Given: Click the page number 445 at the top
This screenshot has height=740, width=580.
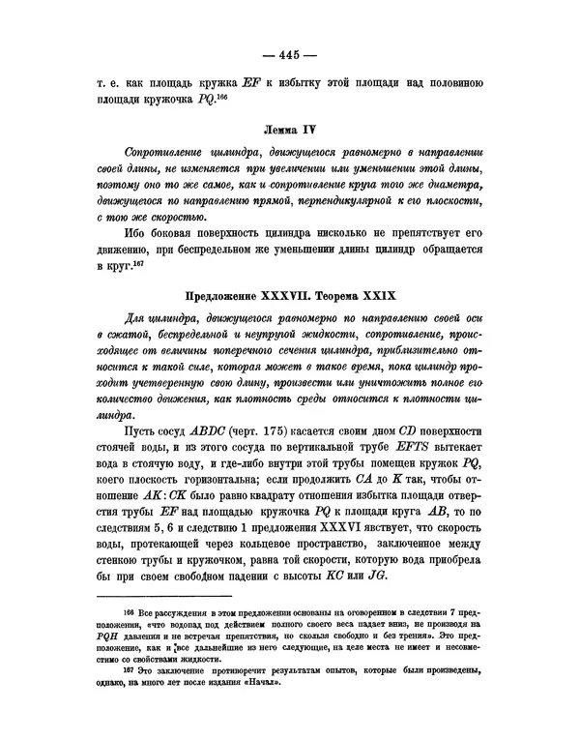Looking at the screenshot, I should click(290, 53).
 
